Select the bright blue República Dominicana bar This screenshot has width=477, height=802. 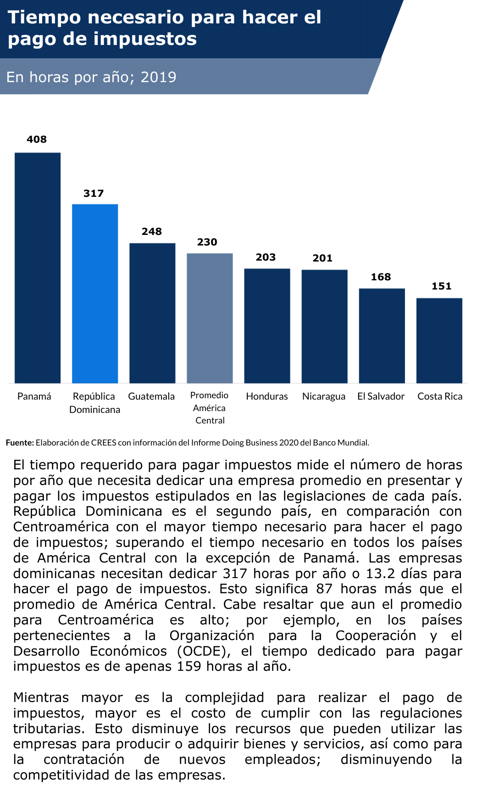(x=95, y=293)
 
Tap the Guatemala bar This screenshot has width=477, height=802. (x=152, y=313)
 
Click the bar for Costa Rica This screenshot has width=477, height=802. (x=439, y=340)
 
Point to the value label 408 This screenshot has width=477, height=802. (x=37, y=139)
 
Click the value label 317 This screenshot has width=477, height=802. (x=94, y=194)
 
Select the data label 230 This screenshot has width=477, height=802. (x=207, y=242)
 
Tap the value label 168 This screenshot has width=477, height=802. (x=381, y=277)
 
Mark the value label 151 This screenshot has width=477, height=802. (x=441, y=286)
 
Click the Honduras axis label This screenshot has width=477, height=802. (x=267, y=396)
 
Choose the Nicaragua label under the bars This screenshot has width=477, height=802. (x=324, y=396)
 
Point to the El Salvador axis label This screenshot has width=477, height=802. (x=381, y=396)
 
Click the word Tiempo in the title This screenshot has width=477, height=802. (x=43, y=17)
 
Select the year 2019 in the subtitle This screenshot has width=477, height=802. (x=158, y=77)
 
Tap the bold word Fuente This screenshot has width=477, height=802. (x=20, y=443)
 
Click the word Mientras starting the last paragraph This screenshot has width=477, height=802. (x=41, y=697)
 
